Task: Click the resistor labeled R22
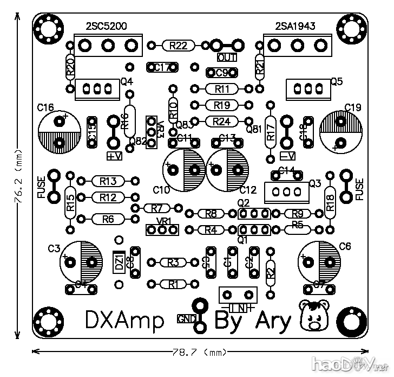179,46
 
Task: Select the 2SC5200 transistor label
106,26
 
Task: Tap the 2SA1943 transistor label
295,26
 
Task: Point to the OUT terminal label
227,57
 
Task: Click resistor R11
222,88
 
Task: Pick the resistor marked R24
222,121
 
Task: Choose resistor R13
108,181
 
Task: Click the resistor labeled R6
108,219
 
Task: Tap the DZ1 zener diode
119,263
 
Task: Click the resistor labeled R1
173,284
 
